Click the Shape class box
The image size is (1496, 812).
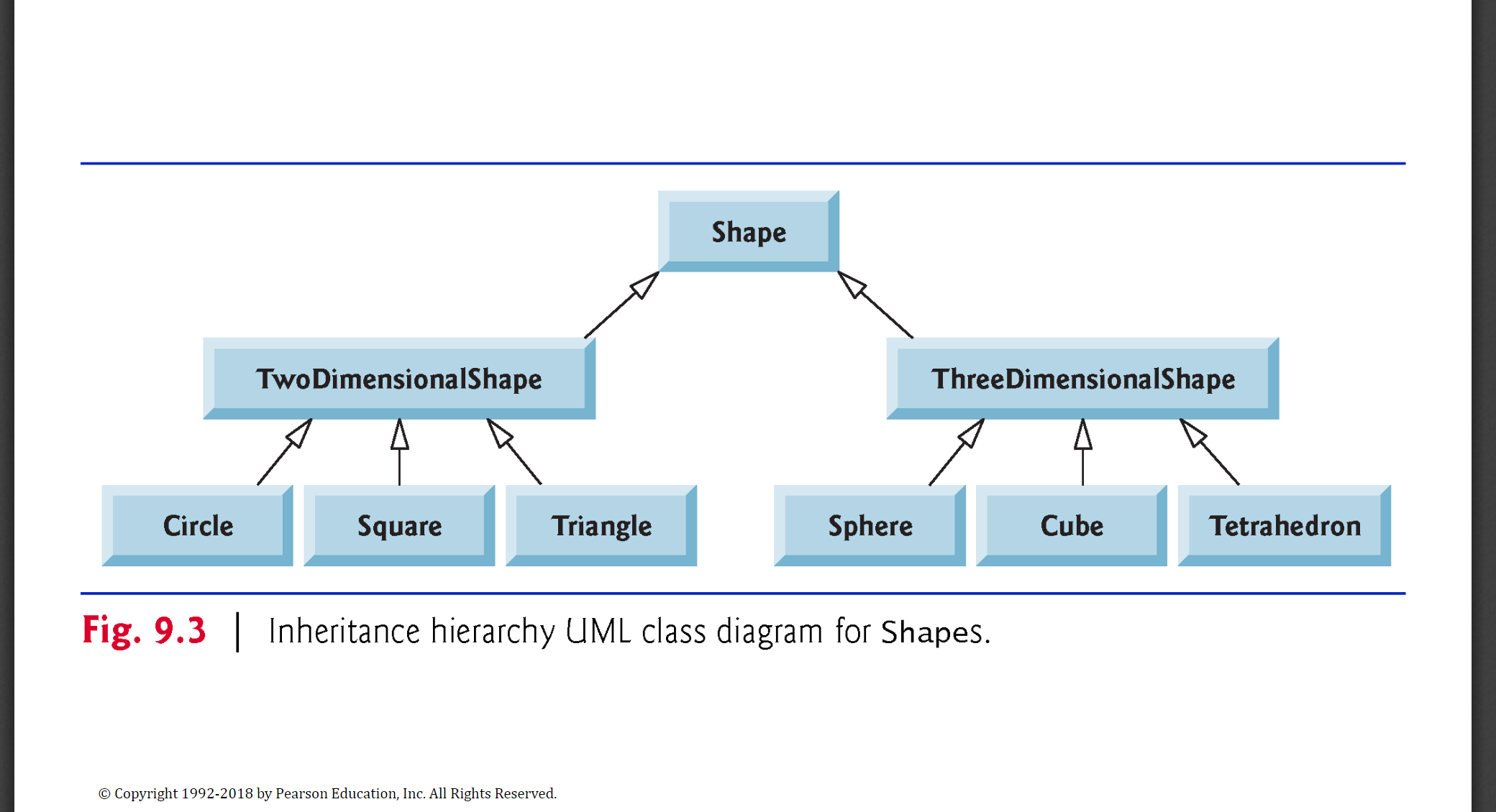click(749, 231)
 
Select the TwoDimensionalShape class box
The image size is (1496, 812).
click(399, 379)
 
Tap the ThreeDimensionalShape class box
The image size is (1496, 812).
click(1082, 379)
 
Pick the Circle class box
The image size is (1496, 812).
click(197, 526)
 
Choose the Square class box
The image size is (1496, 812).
click(399, 526)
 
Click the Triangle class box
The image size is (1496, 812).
click(601, 526)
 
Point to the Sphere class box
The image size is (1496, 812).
click(870, 526)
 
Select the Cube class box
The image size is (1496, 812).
click(1072, 526)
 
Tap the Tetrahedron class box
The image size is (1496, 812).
click(1285, 526)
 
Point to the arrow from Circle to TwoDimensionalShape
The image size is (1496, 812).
click(285, 452)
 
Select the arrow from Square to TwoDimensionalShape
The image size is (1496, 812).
click(400, 452)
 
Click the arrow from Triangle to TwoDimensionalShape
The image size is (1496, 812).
click(514, 452)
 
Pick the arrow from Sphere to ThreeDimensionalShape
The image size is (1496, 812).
click(957, 452)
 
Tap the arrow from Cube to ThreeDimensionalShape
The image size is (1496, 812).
click(1083, 452)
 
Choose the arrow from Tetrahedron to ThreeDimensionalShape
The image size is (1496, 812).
click(1210, 452)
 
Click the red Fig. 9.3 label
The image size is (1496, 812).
click(144, 631)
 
